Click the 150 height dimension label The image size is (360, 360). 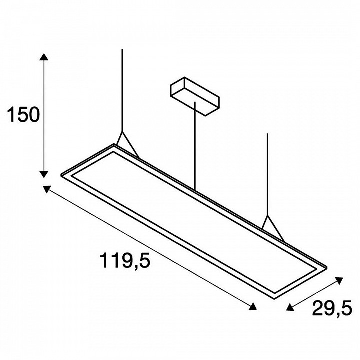pos(23,115)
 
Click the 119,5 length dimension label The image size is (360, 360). pos(125,260)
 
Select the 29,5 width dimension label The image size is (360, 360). pos(332,308)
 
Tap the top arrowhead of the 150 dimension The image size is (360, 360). pos(44,57)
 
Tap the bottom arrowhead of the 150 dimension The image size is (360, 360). pos(44,174)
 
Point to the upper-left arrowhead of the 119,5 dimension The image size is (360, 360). pos(46,189)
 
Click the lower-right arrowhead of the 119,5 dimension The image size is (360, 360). pos(253,306)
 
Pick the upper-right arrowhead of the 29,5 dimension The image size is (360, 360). pos(339,280)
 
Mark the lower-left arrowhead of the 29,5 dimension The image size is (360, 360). pos(290,307)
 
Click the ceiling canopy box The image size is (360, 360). pos(195,96)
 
